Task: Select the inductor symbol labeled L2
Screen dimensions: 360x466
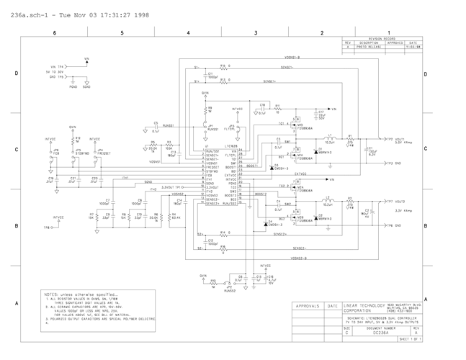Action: [330, 199]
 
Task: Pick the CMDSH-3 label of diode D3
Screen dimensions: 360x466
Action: [281, 168]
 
